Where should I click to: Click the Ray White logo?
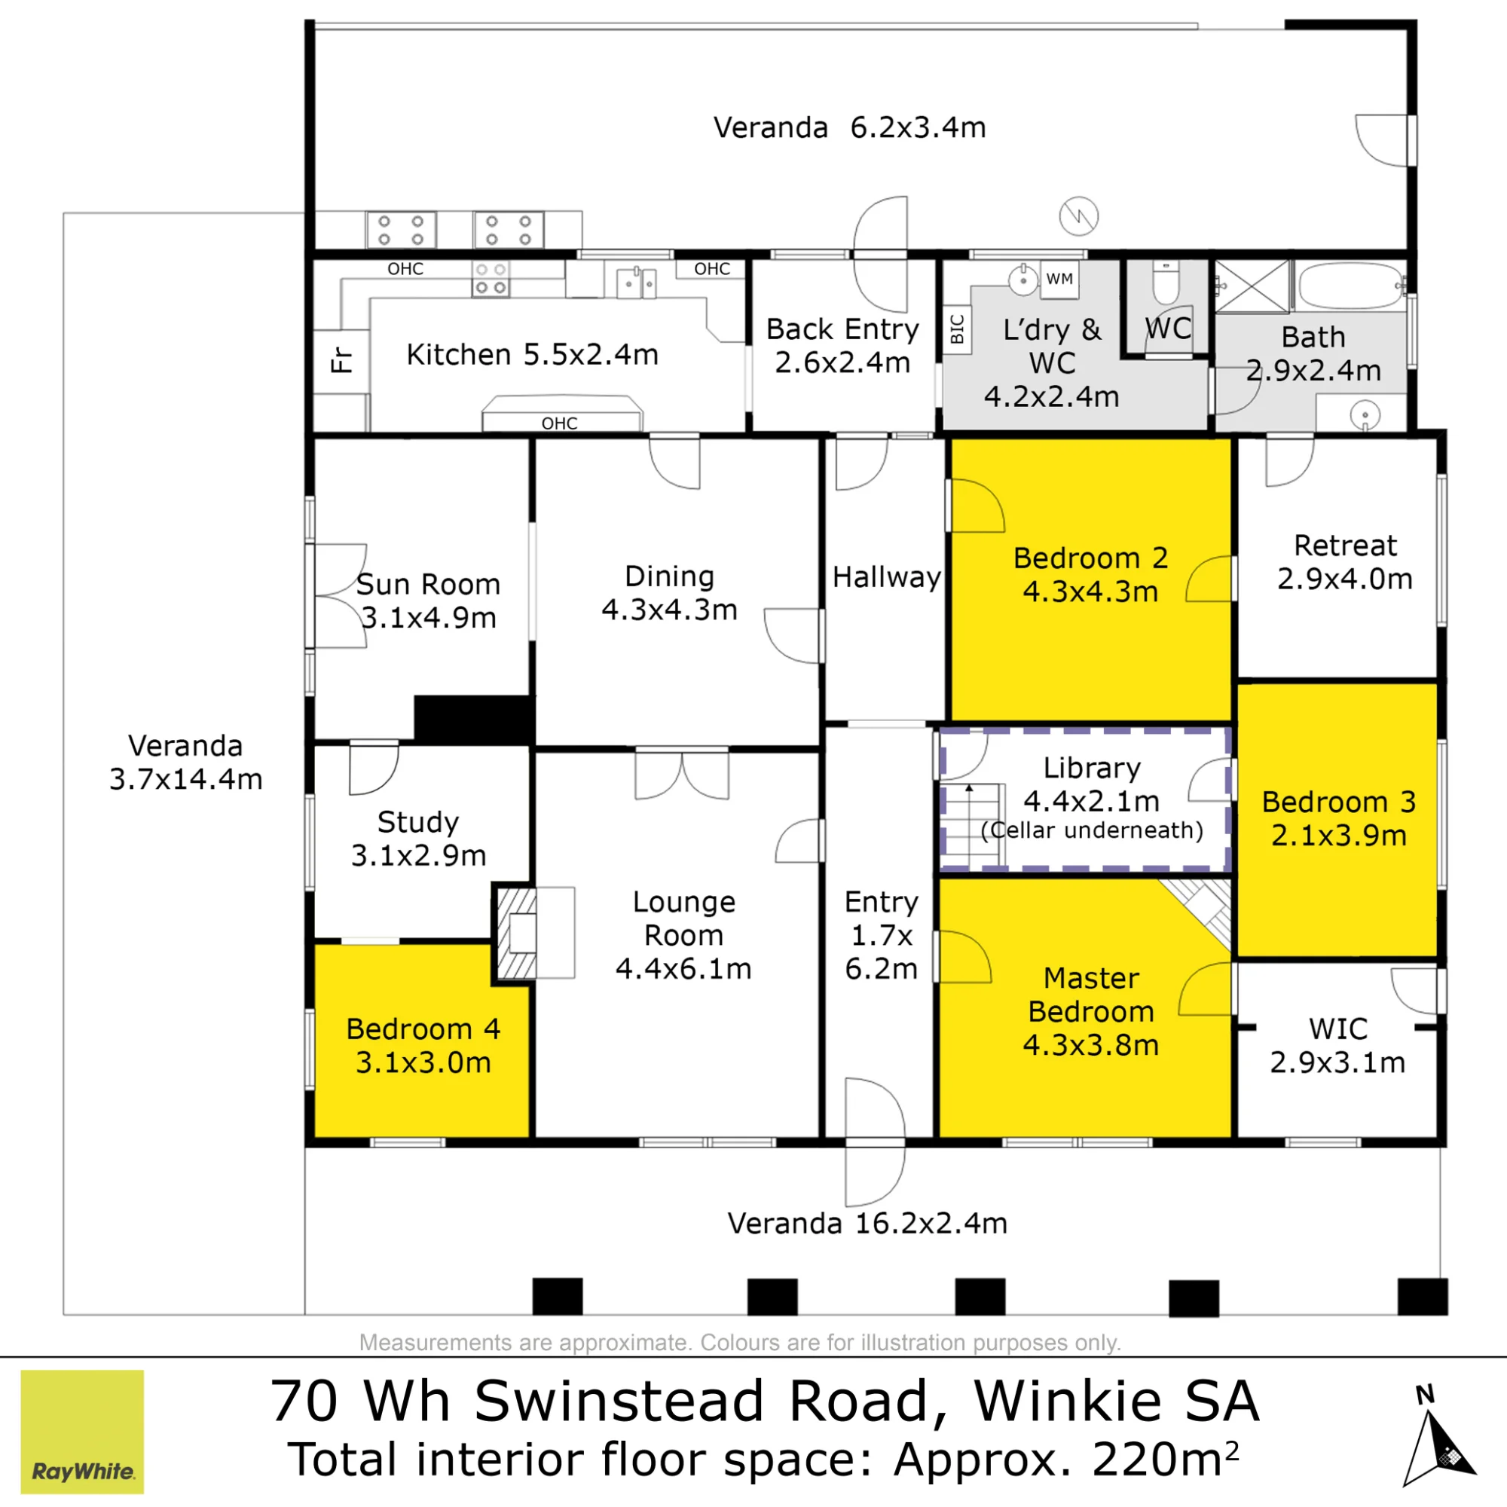click(x=82, y=1432)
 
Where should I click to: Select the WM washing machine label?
click(x=1059, y=280)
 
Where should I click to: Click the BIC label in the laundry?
click(x=958, y=329)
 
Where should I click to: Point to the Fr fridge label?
click(x=341, y=360)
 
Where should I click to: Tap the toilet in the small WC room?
click(x=1166, y=283)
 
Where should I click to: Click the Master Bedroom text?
click(x=1091, y=995)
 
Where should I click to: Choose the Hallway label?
click(x=887, y=577)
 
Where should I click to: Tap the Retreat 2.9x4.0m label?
click(x=1345, y=561)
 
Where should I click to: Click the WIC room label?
click(x=1338, y=1029)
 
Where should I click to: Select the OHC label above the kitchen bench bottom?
click(x=560, y=423)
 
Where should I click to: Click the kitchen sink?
click(x=636, y=283)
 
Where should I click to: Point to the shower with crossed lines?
click(x=1253, y=286)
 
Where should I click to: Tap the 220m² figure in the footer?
click(x=1166, y=1460)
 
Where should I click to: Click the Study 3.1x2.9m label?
click(x=418, y=839)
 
